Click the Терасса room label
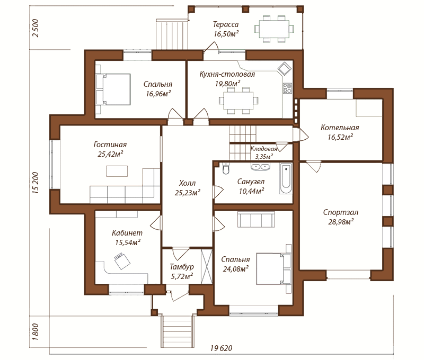pos(226,24)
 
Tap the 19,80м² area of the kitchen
pos(228,84)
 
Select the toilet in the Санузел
pos(226,168)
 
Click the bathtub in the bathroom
pos(286,178)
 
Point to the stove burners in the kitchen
pos(287,88)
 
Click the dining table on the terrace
pos(274,29)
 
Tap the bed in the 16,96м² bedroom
pos(113,89)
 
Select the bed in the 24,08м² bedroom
pos(273,268)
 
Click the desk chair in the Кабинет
pos(122,260)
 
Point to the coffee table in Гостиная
pos(117,171)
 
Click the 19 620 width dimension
pos(221,348)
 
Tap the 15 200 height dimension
pos(36,183)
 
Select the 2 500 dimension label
pos(36,28)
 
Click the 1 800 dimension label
pos(36,332)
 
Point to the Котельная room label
pos(340,128)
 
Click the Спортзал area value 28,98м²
pos(341,222)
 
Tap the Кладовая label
pos(263,149)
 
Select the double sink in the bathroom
pos(260,167)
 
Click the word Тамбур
pos(182,267)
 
